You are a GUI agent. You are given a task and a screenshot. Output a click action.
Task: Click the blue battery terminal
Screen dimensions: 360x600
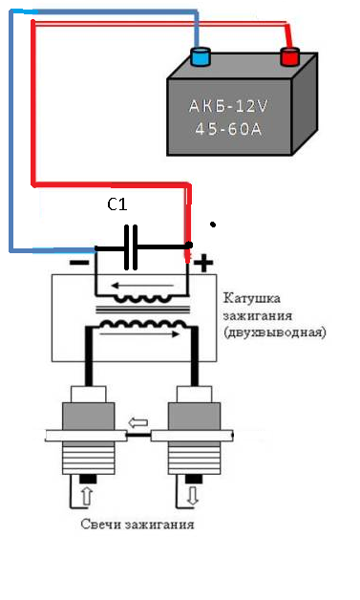201,56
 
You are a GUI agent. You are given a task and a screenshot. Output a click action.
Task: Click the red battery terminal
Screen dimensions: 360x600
289,56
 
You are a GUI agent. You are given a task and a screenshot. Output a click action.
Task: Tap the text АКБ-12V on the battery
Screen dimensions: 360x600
228,106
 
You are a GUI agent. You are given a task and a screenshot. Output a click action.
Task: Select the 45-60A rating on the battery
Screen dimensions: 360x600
228,129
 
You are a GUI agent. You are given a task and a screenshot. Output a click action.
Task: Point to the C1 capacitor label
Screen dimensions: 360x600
117,205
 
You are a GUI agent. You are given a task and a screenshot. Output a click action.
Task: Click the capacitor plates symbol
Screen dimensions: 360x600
131,247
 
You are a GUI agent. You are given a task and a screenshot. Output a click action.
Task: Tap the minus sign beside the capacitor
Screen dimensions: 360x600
80,263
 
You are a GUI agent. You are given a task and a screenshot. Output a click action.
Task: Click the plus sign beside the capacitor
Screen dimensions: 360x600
204,264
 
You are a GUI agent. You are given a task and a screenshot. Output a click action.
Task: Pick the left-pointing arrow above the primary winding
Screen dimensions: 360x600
142,286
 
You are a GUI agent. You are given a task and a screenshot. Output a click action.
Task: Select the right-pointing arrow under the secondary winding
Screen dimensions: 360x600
138,334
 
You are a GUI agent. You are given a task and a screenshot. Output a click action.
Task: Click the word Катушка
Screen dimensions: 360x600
252,298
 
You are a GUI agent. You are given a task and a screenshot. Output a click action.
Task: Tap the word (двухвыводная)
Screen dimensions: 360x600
275,332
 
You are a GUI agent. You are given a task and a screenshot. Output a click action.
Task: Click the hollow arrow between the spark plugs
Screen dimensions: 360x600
138,423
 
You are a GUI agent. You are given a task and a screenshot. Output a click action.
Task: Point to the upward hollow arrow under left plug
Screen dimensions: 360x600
87,496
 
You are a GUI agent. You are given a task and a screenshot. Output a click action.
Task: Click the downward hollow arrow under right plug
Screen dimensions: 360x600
193,495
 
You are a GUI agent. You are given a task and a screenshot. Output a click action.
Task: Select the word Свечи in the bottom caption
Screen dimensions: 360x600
99,524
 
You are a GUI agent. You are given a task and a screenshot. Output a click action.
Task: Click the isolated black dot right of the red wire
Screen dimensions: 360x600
213,225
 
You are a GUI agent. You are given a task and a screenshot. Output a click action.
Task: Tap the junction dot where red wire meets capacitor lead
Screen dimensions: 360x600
189,245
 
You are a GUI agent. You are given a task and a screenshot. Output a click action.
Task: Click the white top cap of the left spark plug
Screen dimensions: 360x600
89,394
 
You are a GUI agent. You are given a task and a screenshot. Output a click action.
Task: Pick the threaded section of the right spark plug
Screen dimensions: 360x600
195,458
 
